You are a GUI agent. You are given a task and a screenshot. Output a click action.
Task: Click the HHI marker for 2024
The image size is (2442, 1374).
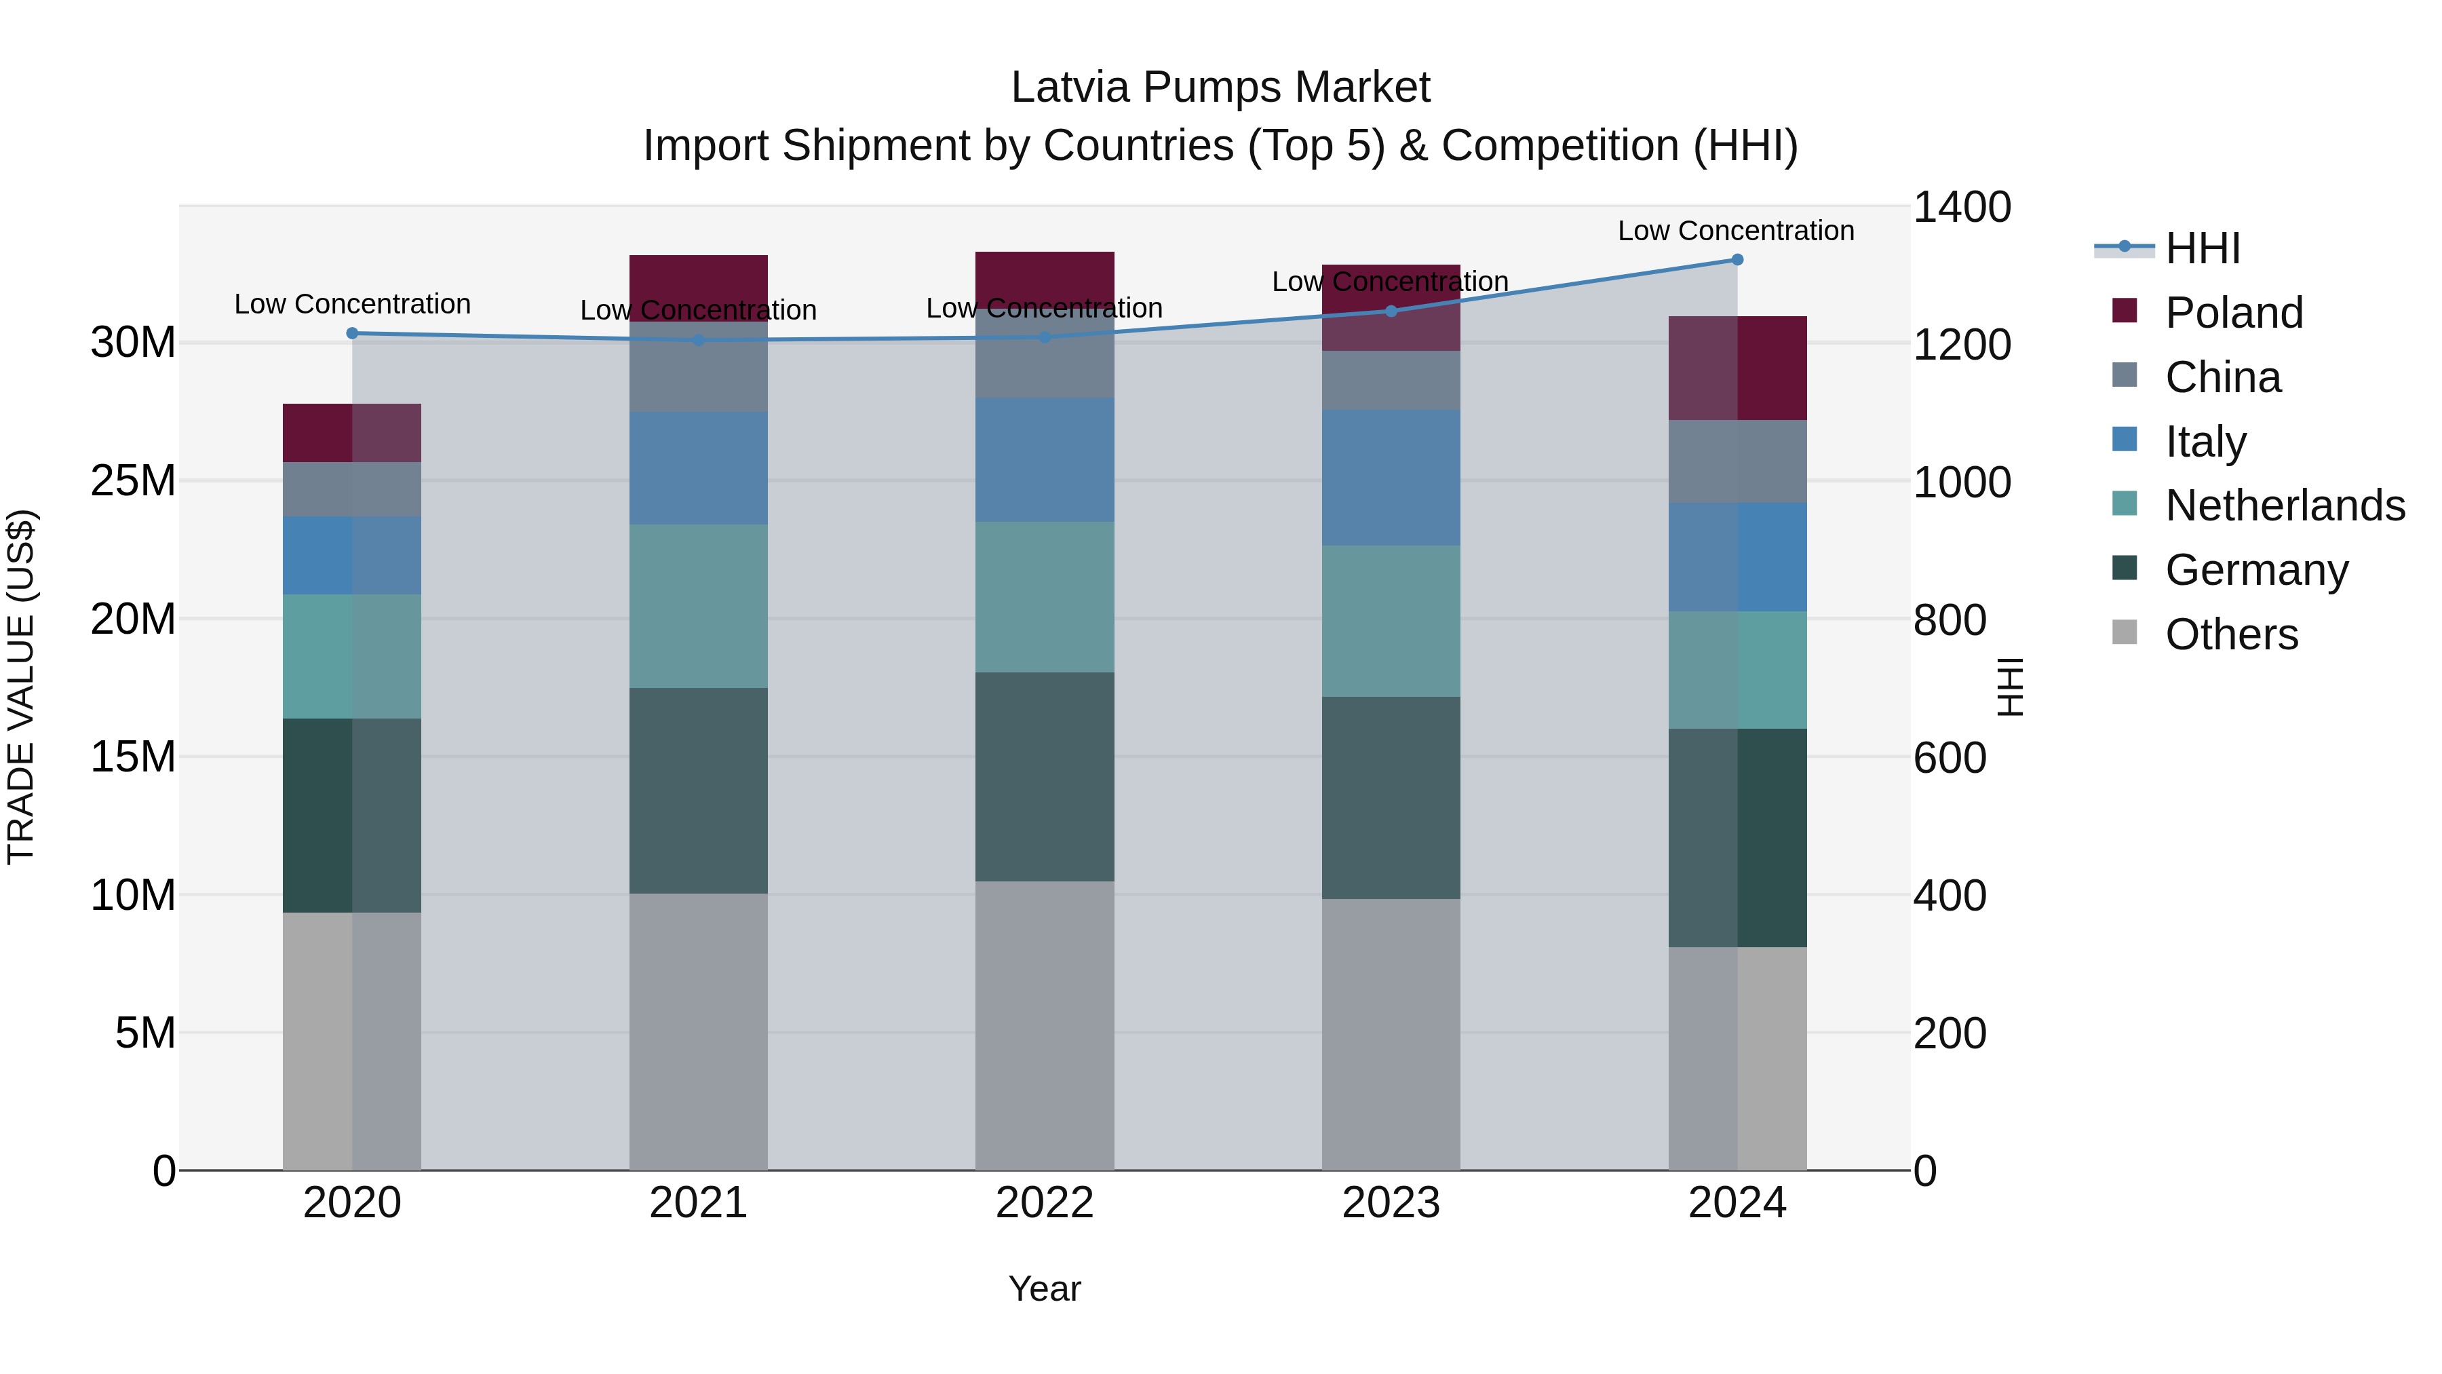pos(1737,259)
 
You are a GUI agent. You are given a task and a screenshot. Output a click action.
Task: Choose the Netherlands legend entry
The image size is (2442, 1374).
pos(2284,505)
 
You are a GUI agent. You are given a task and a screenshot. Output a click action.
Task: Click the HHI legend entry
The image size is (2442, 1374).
pos(2201,248)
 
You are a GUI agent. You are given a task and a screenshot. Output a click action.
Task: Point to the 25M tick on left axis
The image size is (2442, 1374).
pos(133,481)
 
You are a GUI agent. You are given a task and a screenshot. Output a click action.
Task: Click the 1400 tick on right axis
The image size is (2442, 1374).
pos(1960,207)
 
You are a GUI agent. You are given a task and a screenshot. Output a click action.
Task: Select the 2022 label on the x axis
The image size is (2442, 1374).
pos(1045,1203)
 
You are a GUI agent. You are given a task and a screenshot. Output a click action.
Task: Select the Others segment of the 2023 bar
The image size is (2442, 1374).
pos(1391,1033)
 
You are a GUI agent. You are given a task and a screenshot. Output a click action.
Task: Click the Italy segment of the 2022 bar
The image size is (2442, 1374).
pos(1045,460)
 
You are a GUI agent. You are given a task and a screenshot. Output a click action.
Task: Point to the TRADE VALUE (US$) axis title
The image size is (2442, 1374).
pos(21,687)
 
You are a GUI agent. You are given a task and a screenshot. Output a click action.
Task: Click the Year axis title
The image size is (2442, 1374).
pos(1044,1289)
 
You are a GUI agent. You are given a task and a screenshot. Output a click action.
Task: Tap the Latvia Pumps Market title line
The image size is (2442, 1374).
pos(1220,88)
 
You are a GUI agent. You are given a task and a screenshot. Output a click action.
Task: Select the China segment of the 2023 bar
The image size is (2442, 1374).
pos(1391,380)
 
